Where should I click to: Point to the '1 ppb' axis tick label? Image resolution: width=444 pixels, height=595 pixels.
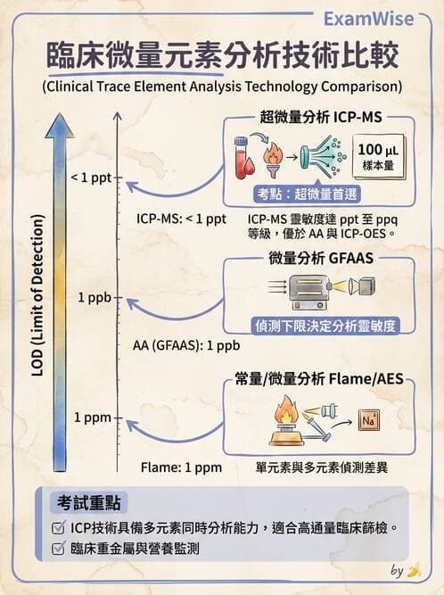coord(94,297)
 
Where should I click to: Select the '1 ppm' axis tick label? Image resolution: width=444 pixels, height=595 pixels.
coord(93,417)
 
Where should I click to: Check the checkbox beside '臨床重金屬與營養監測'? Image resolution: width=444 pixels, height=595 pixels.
coord(58,549)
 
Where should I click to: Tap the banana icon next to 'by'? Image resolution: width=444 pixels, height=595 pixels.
coord(412,571)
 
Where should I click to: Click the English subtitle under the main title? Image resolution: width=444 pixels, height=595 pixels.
coord(221,87)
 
